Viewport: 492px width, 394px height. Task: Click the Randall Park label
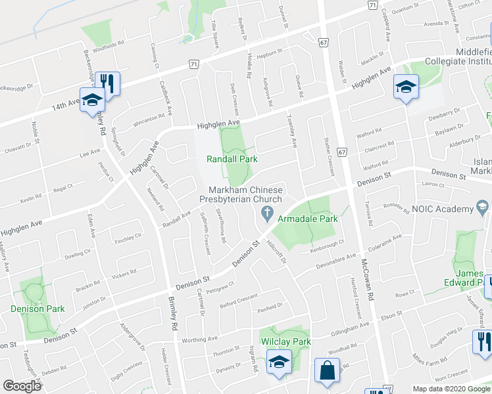[232, 159]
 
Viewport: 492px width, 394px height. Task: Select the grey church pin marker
[266, 213]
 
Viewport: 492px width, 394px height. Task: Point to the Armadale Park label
[308, 218]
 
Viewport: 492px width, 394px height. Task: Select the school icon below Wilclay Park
[279, 362]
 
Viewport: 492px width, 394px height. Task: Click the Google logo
[22, 386]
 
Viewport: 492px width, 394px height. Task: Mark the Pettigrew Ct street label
[220, 287]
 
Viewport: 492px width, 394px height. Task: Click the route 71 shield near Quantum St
[372, 5]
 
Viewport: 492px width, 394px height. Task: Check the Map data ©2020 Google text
[451, 389]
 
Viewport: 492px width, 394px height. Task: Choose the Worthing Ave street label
[199, 339]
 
